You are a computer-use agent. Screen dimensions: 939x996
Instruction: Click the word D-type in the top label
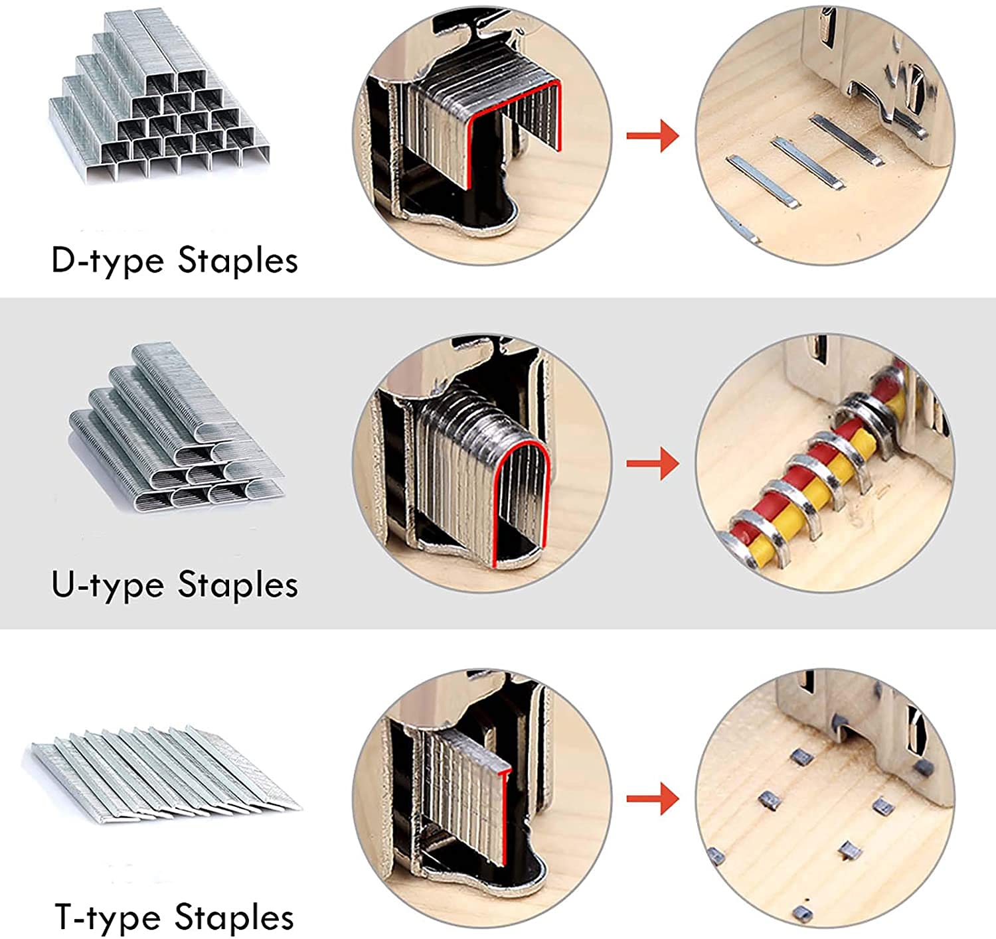tap(107, 259)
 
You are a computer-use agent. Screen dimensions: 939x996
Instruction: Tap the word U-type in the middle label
tap(107, 585)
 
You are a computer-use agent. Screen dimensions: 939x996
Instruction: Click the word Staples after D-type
tap(238, 261)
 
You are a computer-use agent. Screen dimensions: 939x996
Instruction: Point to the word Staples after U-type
tap(238, 585)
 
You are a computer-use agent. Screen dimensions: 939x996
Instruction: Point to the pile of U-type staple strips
tap(176, 431)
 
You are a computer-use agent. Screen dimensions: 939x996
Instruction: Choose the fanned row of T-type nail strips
tap(166, 773)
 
